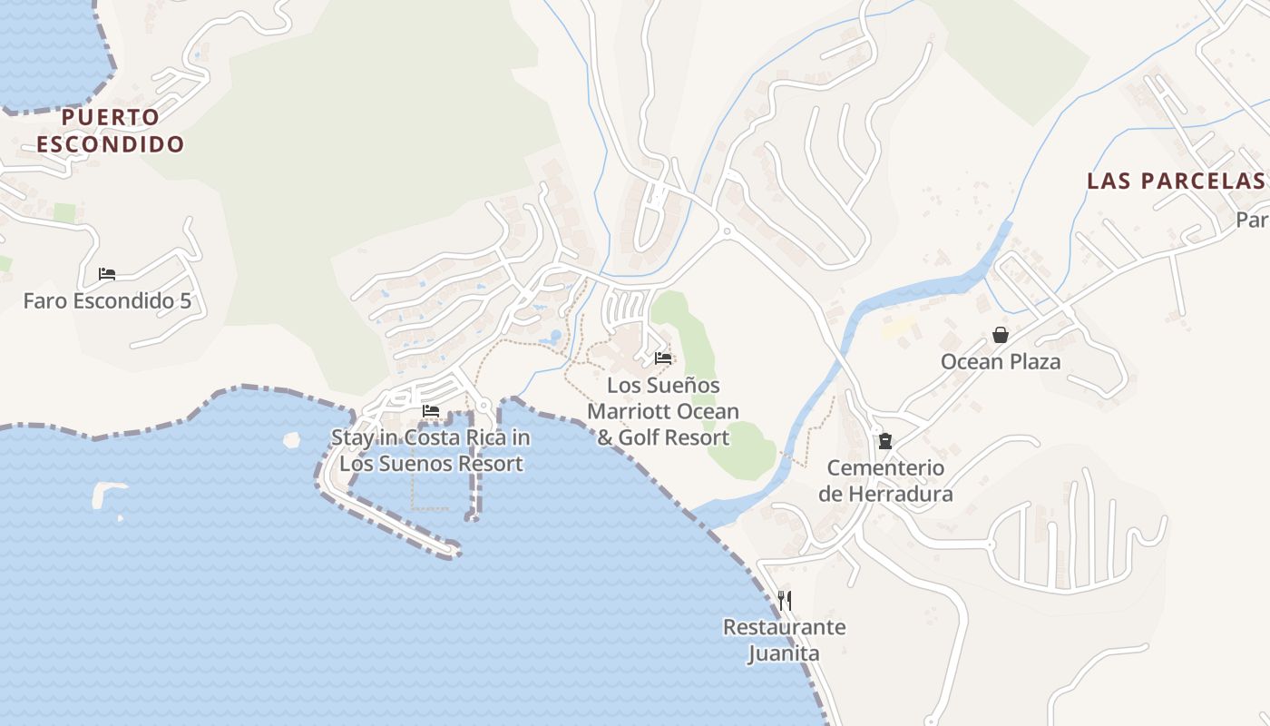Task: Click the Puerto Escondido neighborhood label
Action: pyautogui.click(x=110, y=130)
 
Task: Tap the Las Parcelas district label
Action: pyautogui.click(x=1176, y=181)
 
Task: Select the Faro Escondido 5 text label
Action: pyautogui.click(x=107, y=300)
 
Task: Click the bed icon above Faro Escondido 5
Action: pyautogui.click(x=107, y=273)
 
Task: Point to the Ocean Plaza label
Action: pyautogui.click(x=1000, y=362)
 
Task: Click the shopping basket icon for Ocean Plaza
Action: pyautogui.click(x=1000, y=335)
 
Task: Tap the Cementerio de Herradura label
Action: pyautogui.click(x=885, y=481)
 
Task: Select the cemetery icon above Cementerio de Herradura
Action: pyautogui.click(x=884, y=441)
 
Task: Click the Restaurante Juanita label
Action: pyautogui.click(x=784, y=640)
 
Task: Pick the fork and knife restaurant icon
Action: pyautogui.click(x=785, y=600)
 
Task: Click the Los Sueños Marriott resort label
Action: pyautogui.click(x=663, y=411)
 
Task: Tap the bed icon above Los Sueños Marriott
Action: pyautogui.click(x=663, y=358)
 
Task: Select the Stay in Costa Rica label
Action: pyautogui.click(x=430, y=450)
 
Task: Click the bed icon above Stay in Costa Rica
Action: pyautogui.click(x=431, y=411)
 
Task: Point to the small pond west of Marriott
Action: pyautogui.click(x=554, y=338)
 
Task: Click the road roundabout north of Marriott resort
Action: pyautogui.click(x=727, y=231)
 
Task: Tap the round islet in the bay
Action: pyautogui.click(x=291, y=440)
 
